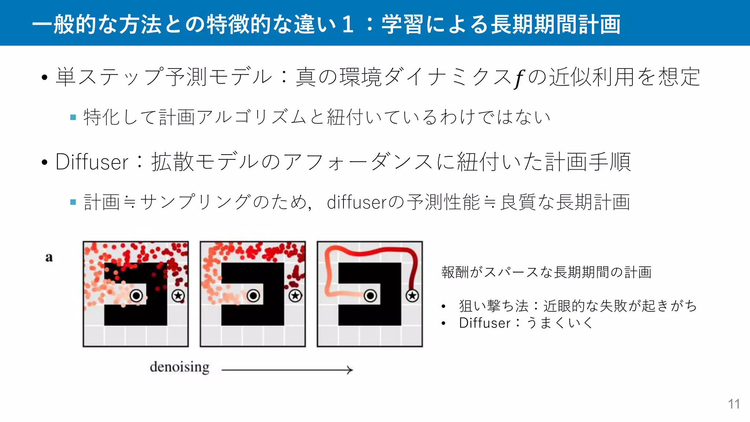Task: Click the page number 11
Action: (734, 404)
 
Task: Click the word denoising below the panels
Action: (179, 367)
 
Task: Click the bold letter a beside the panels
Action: (49, 258)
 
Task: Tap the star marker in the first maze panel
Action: (178, 296)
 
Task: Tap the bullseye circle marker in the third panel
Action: (370, 296)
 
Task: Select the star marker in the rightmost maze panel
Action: (412, 296)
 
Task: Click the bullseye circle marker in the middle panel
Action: (253, 296)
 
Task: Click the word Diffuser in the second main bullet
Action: (92, 162)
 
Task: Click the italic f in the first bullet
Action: (519, 78)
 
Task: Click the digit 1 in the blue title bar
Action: (348, 24)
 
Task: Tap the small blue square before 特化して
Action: (73, 117)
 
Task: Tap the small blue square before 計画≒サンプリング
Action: (73, 202)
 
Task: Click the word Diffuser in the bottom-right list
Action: (484, 323)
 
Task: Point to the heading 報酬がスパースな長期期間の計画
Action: (546, 272)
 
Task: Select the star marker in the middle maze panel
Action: (295, 296)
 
